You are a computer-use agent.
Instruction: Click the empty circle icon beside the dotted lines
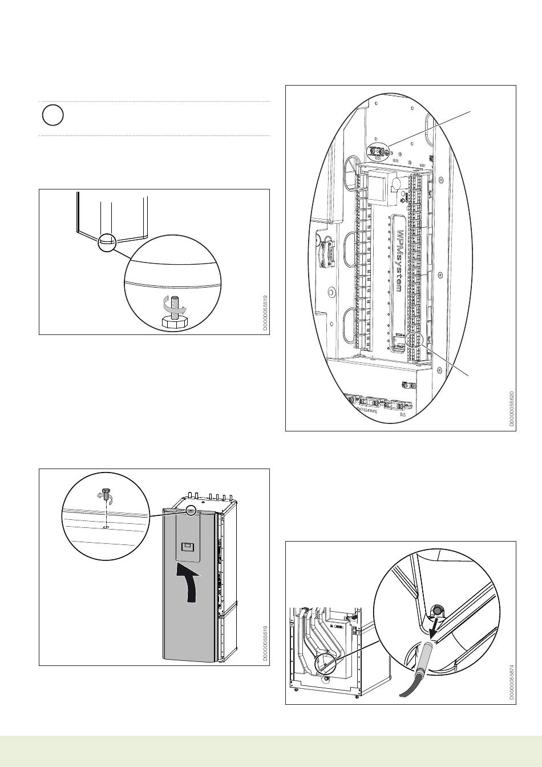coord(51,116)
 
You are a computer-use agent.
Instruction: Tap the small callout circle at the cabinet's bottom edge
coord(106,242)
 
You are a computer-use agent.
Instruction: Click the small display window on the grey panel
coord(187,547)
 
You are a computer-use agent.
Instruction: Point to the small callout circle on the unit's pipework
coord(323,663)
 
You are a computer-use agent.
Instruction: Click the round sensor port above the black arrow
coord(438,611)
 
